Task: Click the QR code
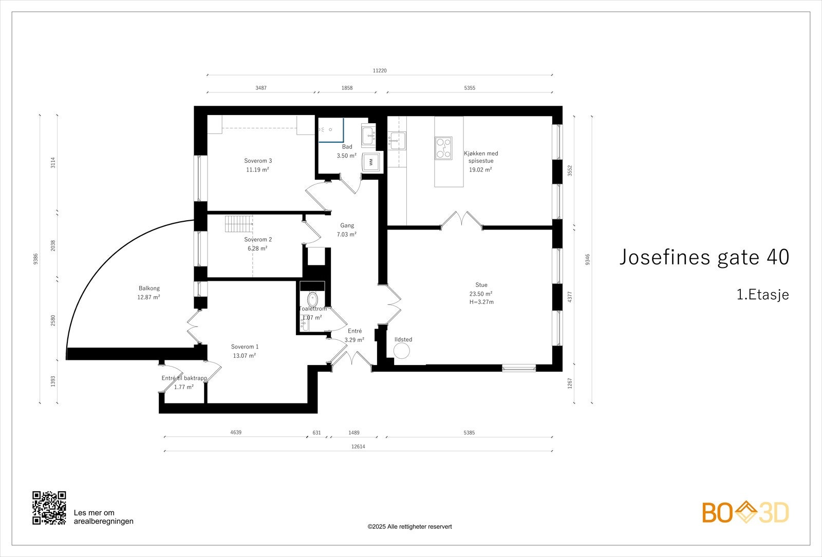coord(49,508)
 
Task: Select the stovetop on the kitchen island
coord(443,147)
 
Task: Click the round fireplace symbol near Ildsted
coord(401,351)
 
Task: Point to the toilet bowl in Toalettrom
coord(312,299)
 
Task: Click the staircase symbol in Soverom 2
coord(239,224)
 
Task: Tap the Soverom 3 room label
coord(257,161)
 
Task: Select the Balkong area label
coord(149,288)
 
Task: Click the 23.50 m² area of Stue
coord(481,294)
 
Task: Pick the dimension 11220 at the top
coord(380,71)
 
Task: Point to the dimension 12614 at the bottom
coord(358,447)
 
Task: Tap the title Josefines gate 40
coord(703,257)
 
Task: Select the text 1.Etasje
coord(762,295)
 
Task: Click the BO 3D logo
coord(745,512)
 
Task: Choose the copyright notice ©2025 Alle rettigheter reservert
coord(409,527)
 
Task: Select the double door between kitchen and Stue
coord(461,219)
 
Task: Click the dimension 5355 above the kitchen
coord(470,88)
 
